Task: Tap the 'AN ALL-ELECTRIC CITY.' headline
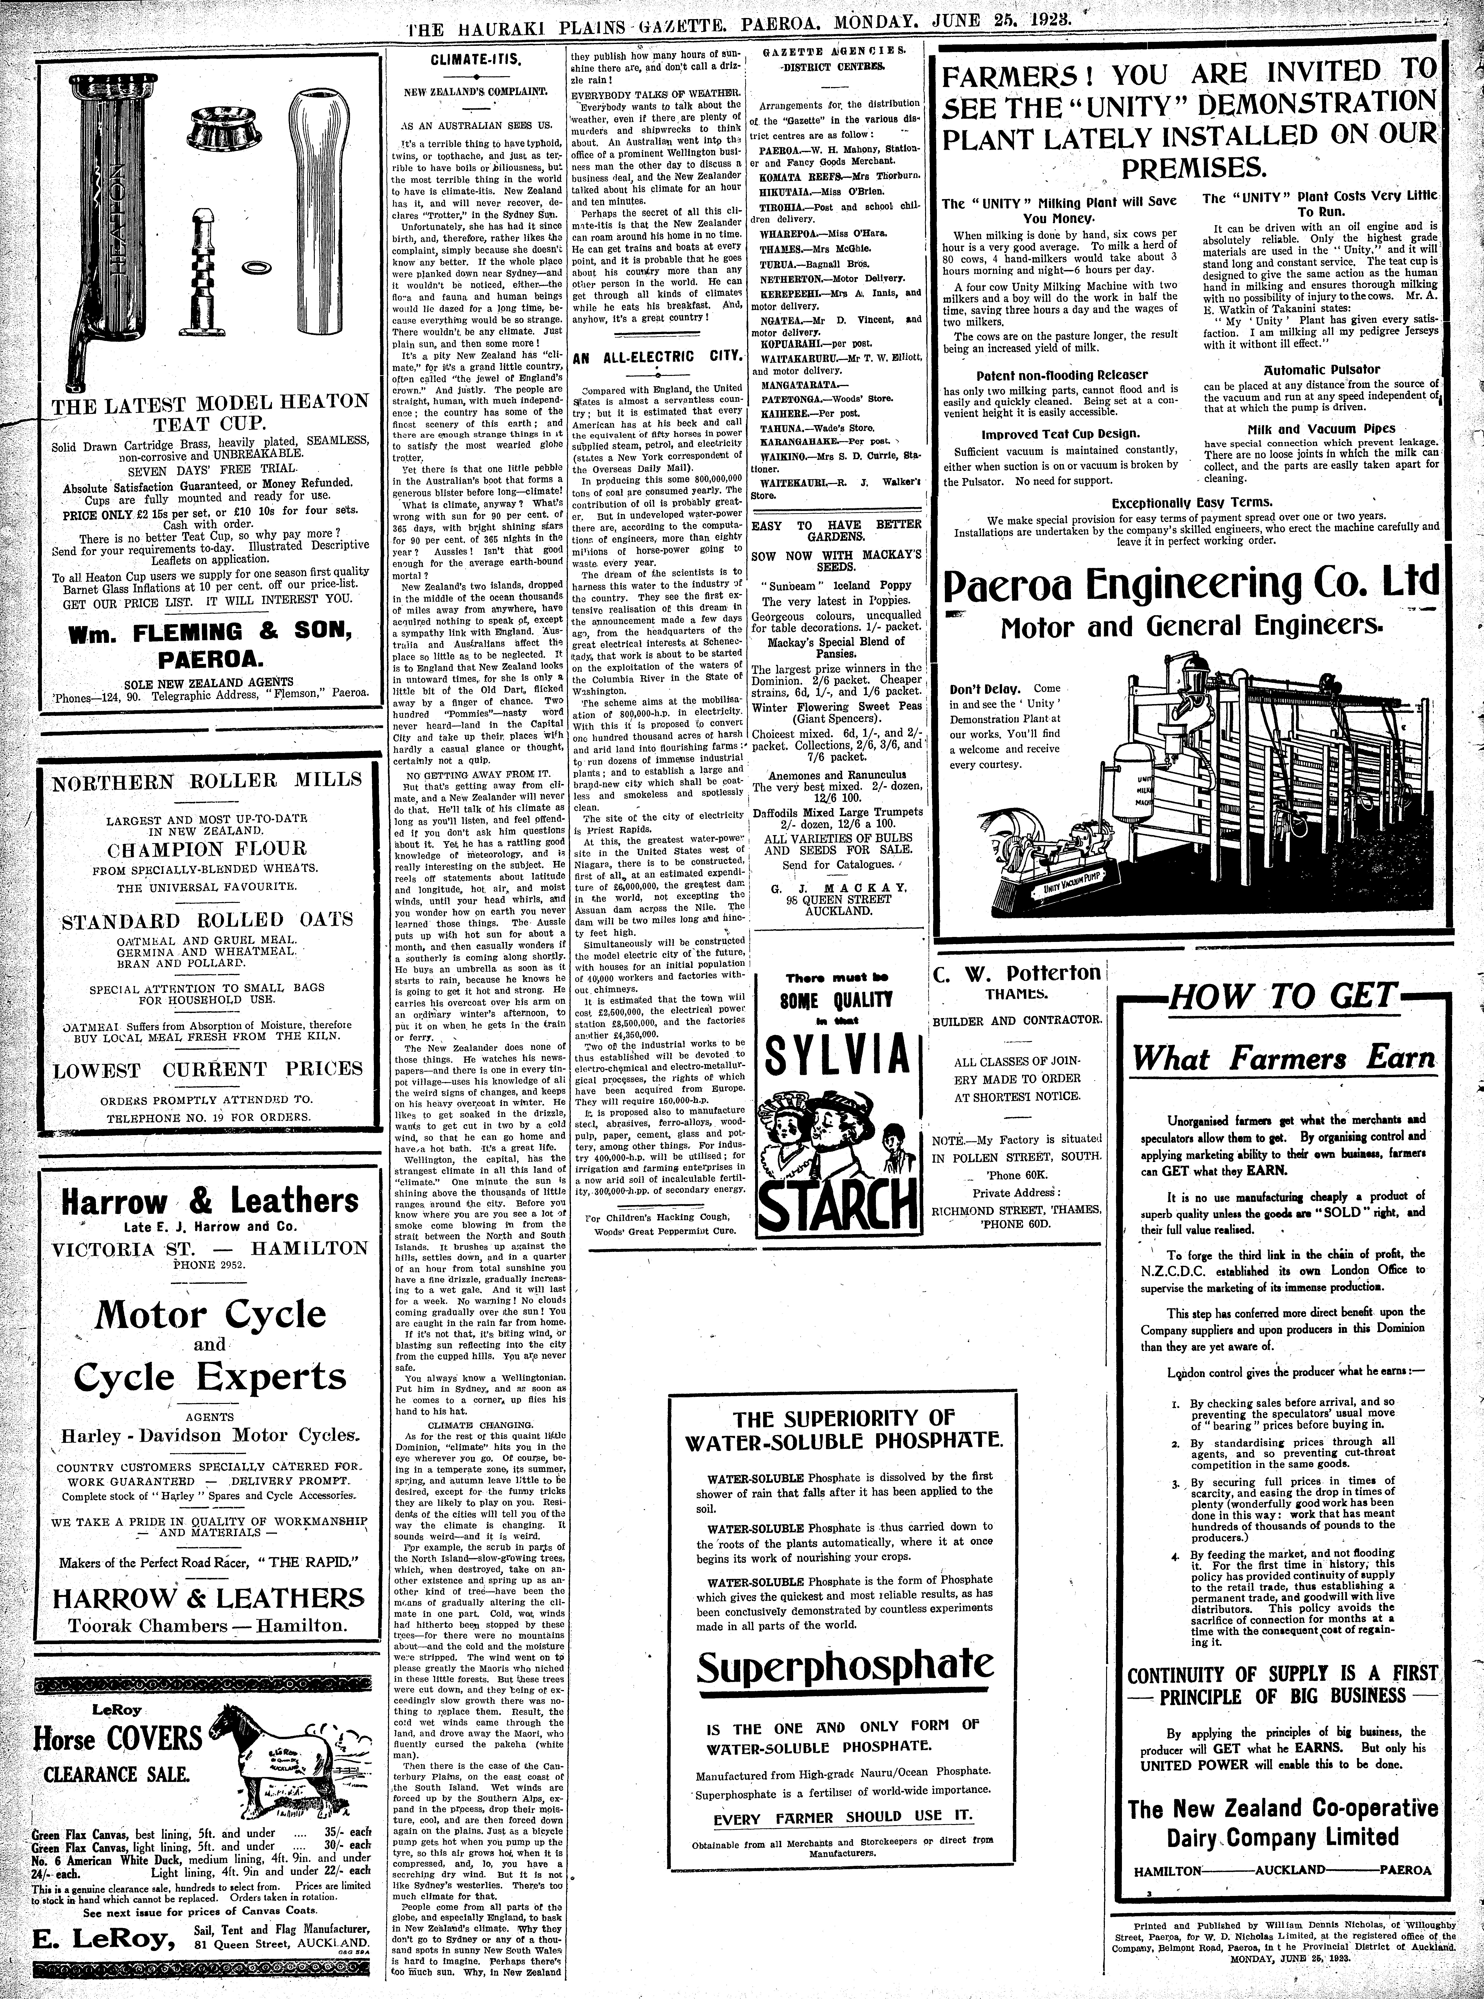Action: click(658, 357)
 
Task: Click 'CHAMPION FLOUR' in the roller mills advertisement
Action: click(207, 849)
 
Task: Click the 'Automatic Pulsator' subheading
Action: click(1321, 369)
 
